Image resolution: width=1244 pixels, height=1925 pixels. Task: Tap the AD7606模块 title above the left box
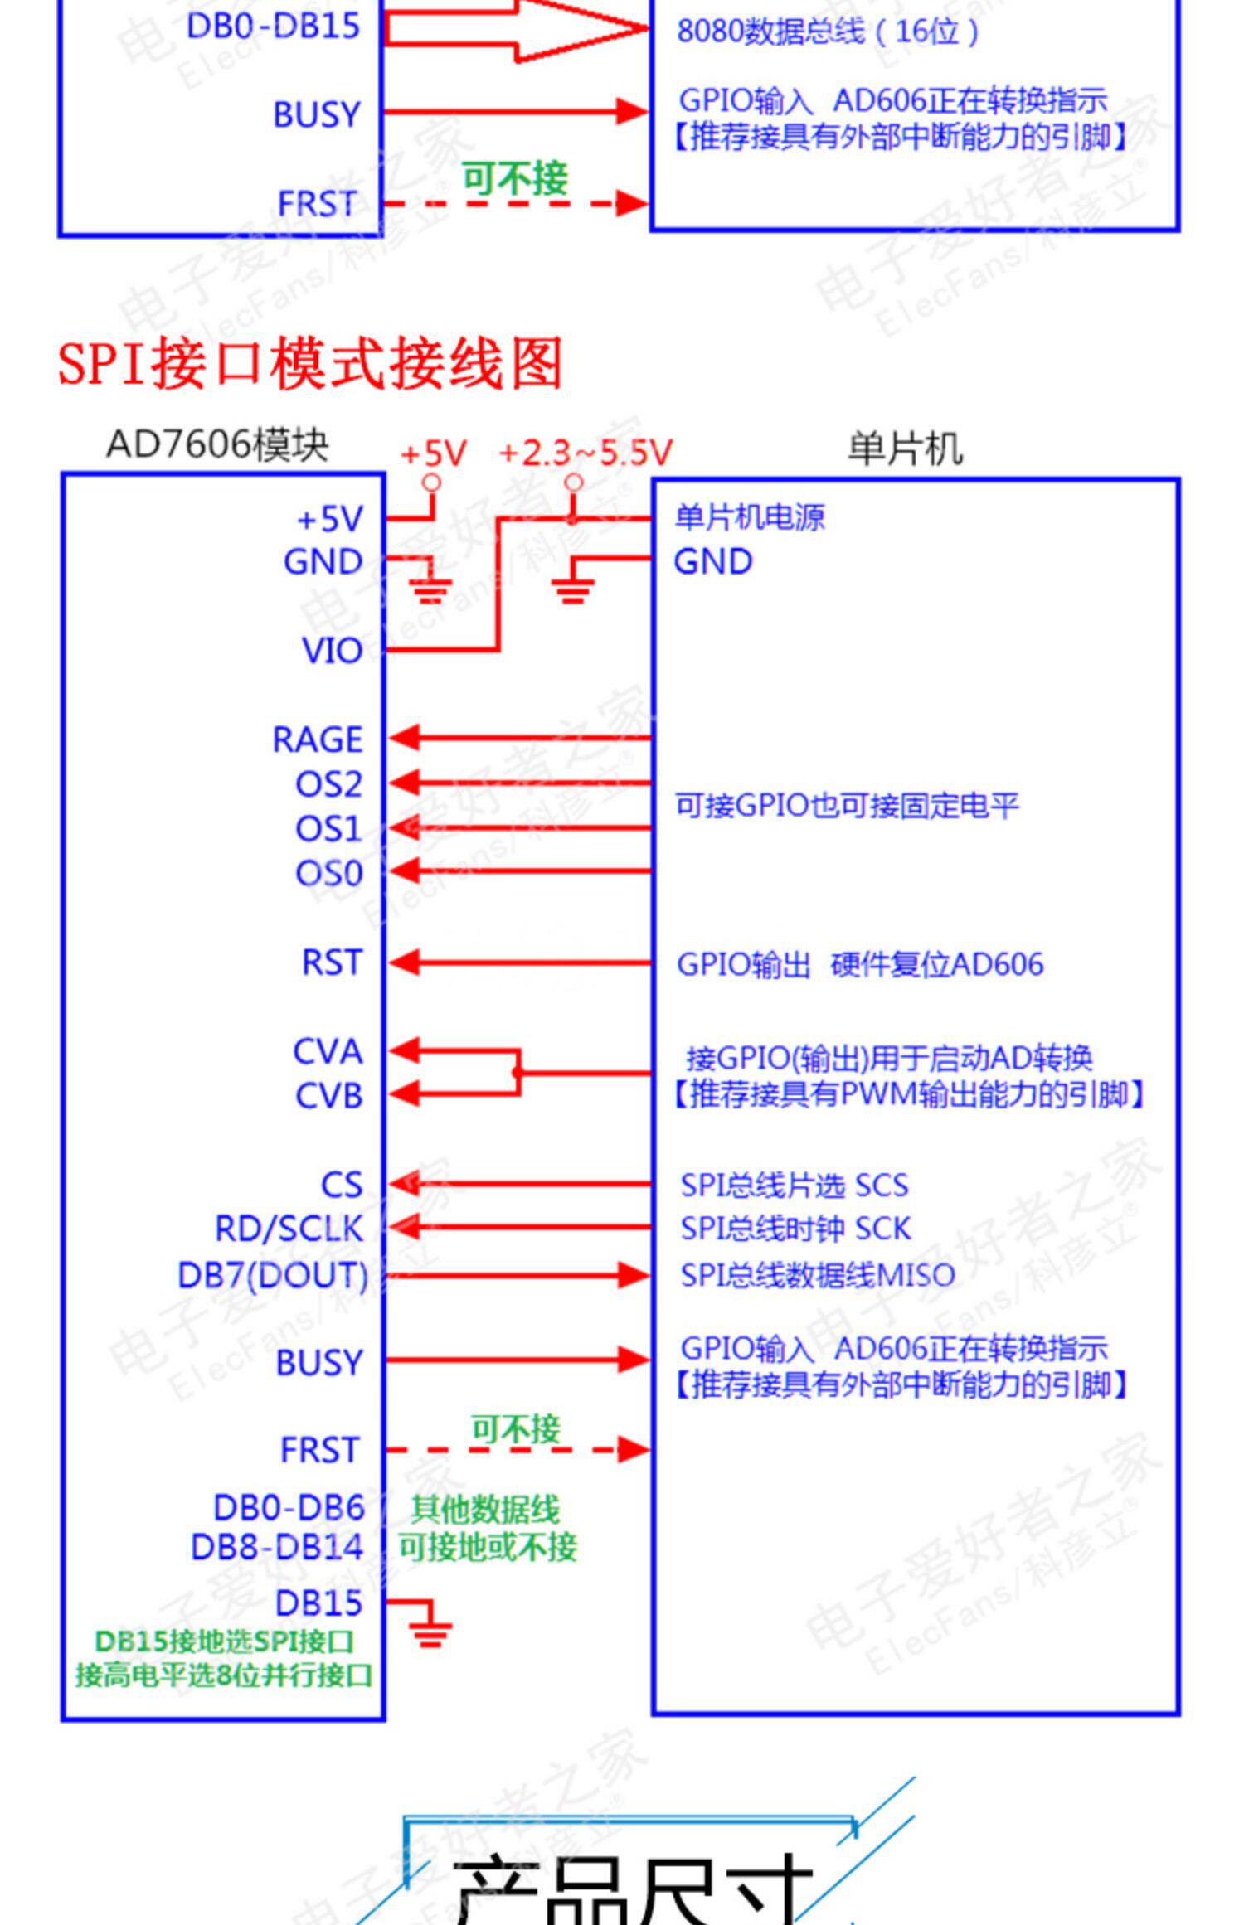coord(217,445)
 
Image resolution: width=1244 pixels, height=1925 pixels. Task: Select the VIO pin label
coord(332,651)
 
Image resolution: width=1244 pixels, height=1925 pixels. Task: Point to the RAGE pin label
coord(318,739)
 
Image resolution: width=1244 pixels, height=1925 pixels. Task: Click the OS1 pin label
coord(328,829)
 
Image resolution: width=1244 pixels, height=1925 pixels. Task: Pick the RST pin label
coord(332,963)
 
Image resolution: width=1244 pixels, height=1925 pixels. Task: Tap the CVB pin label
coord(328,1096)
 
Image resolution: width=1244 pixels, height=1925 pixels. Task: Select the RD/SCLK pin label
coord(289,1229)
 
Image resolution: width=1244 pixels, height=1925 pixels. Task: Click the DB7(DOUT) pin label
coord(273,1275)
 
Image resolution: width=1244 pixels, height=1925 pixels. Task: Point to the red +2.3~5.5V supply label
coord(586,453)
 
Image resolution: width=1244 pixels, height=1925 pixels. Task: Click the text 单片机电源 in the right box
coord(750,517)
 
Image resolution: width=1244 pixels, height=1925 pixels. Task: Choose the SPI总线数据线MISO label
coord(818,1275)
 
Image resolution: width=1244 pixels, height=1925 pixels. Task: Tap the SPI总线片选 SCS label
coord(795,1186)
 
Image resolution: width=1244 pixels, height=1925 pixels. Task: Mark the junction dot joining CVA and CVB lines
coord(518,1073)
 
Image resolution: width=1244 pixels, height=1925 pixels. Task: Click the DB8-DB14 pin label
coord(277,1547)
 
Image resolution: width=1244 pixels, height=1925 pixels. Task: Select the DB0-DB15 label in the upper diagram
coord(273,26)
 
